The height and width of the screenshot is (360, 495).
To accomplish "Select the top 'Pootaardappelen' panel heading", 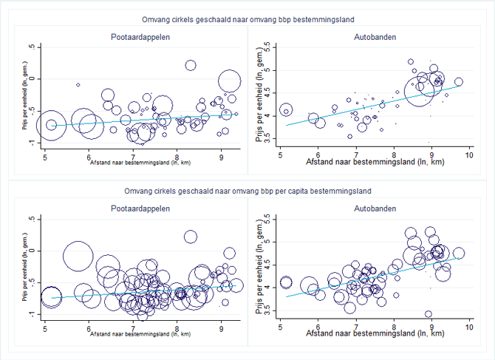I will point(134,36).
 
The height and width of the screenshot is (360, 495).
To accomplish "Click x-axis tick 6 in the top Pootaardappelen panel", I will point(89,155).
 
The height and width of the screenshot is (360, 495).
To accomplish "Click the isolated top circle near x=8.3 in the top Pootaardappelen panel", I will point(191,66).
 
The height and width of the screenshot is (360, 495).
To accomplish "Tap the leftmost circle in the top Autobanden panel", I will point(286,111).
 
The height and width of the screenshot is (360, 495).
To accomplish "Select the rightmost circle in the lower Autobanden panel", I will point(459,254).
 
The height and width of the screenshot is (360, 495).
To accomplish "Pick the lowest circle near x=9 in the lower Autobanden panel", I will point(429,314).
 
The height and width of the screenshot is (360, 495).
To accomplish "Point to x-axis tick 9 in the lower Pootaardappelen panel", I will point(222,327).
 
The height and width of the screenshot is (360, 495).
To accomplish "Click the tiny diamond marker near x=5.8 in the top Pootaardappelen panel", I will point(78,85).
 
